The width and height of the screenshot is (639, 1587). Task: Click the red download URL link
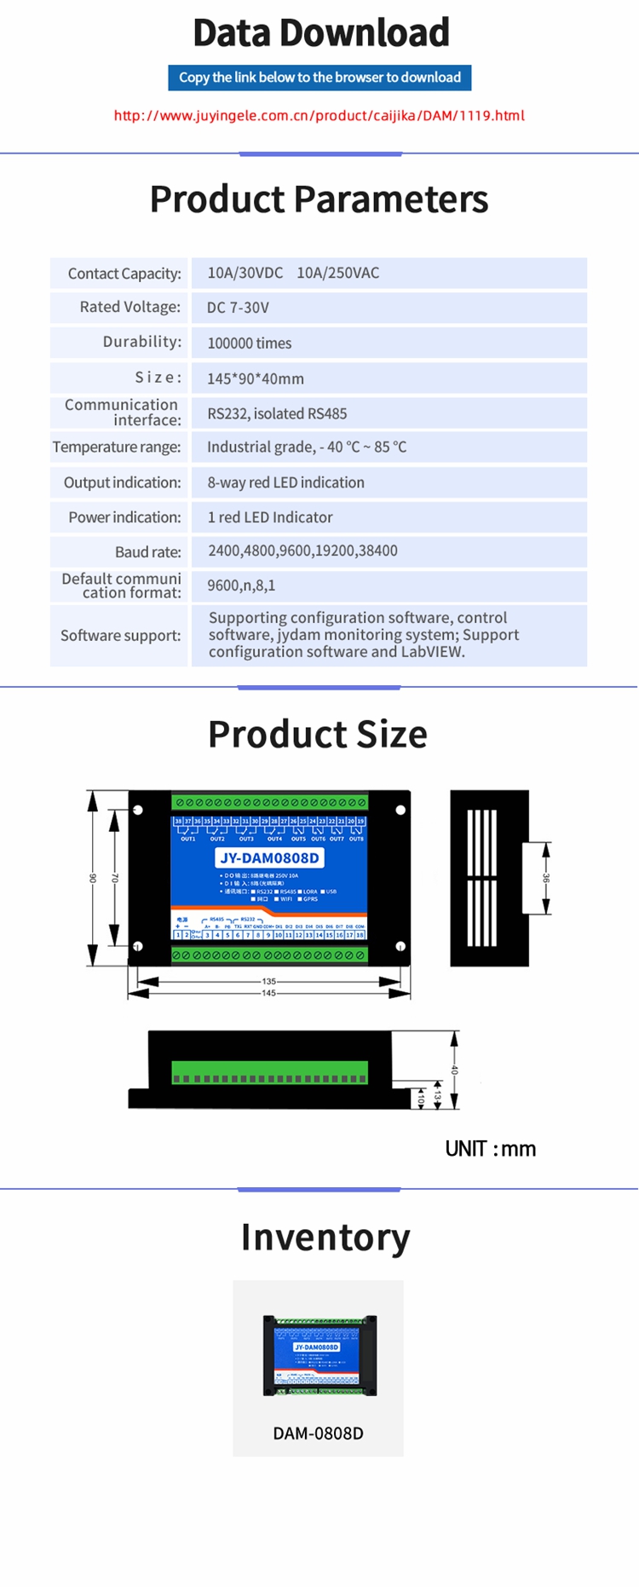pyautogui.click(x=319, y=116)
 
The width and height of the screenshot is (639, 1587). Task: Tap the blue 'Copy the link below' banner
pyautogui.click(x=319, y=78)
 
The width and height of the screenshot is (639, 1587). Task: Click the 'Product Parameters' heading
pyautogui.click(x=319, y=199)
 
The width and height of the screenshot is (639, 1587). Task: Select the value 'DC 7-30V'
pyautogui.click(x=238, y=308)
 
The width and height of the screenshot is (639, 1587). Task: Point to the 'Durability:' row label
pyautogui.click(x=141, y=342)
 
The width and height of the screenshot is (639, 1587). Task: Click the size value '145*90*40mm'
pyautogui.click(x=256, y=378)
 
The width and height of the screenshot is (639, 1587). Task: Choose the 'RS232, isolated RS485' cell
pyautogui.click(x=277, y=413)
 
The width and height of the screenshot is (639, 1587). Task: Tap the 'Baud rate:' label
pyautogui.click(x=147, y=551)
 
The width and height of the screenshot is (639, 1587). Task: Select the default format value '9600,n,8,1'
pyautogui.click(x=241, y=586)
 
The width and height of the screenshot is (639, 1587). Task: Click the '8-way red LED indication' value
pyautogui.click(x=285, y=482)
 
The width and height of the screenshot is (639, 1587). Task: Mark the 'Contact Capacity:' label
pyautogui.click(x=124, y=274)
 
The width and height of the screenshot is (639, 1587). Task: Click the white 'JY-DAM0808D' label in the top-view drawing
pyautogui.click(x=269, y=858)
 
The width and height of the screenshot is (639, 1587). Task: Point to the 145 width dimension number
pyautogui.click(x=269, y=993)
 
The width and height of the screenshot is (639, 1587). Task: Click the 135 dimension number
pyautogui.click(x=269, y=981)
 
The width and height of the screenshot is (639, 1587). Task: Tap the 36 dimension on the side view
pyautogui.click(x=547, y=878)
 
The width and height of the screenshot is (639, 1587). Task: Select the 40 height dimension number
pyautogui.click(x=455, y=1070)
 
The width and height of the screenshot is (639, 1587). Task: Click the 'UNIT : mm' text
pyautogui.click(x=490, y=1149)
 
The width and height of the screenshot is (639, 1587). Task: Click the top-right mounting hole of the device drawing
pyautogui.click(x=400, y=810)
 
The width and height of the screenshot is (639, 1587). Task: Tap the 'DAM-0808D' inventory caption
pyautogui.click(x=318, y=1434)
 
